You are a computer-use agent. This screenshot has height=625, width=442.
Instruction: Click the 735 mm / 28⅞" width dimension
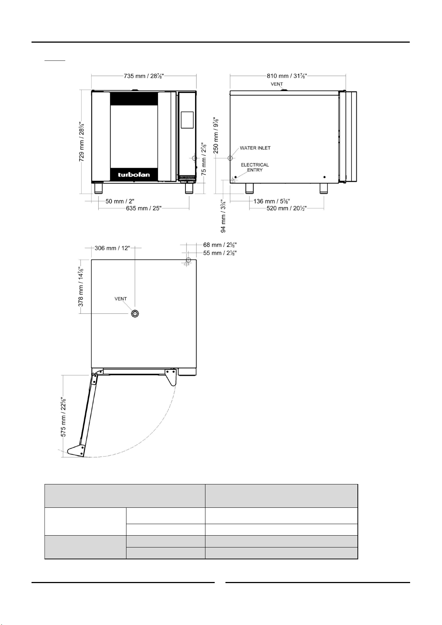pyautogui.click(x=144, y=76)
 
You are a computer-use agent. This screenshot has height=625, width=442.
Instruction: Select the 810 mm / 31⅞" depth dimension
pyautogui.click(x=287, y=76)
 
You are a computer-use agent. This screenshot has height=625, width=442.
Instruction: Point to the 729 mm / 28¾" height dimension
pyautogui.click(x=82, y=141)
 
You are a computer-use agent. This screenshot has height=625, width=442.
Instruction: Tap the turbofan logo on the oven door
pyautogui.click(x=134, y=175)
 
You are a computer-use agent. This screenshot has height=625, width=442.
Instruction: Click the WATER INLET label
pyautogui.click(x=255, y=148)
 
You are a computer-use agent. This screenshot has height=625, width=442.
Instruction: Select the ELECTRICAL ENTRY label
pyautogui.click(x=255, y=167)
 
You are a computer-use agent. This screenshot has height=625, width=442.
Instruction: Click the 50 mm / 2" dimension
pyautogui.click(x=120, y=201)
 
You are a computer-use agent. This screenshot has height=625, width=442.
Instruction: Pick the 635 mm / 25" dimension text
pyautogui.click(x=144, y=208)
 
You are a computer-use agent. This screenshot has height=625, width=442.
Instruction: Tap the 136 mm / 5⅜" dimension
pyautogui.click(x=271, y=201)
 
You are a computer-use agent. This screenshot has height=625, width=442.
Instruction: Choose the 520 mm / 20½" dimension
pyautogui.click(x=287, y=208)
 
